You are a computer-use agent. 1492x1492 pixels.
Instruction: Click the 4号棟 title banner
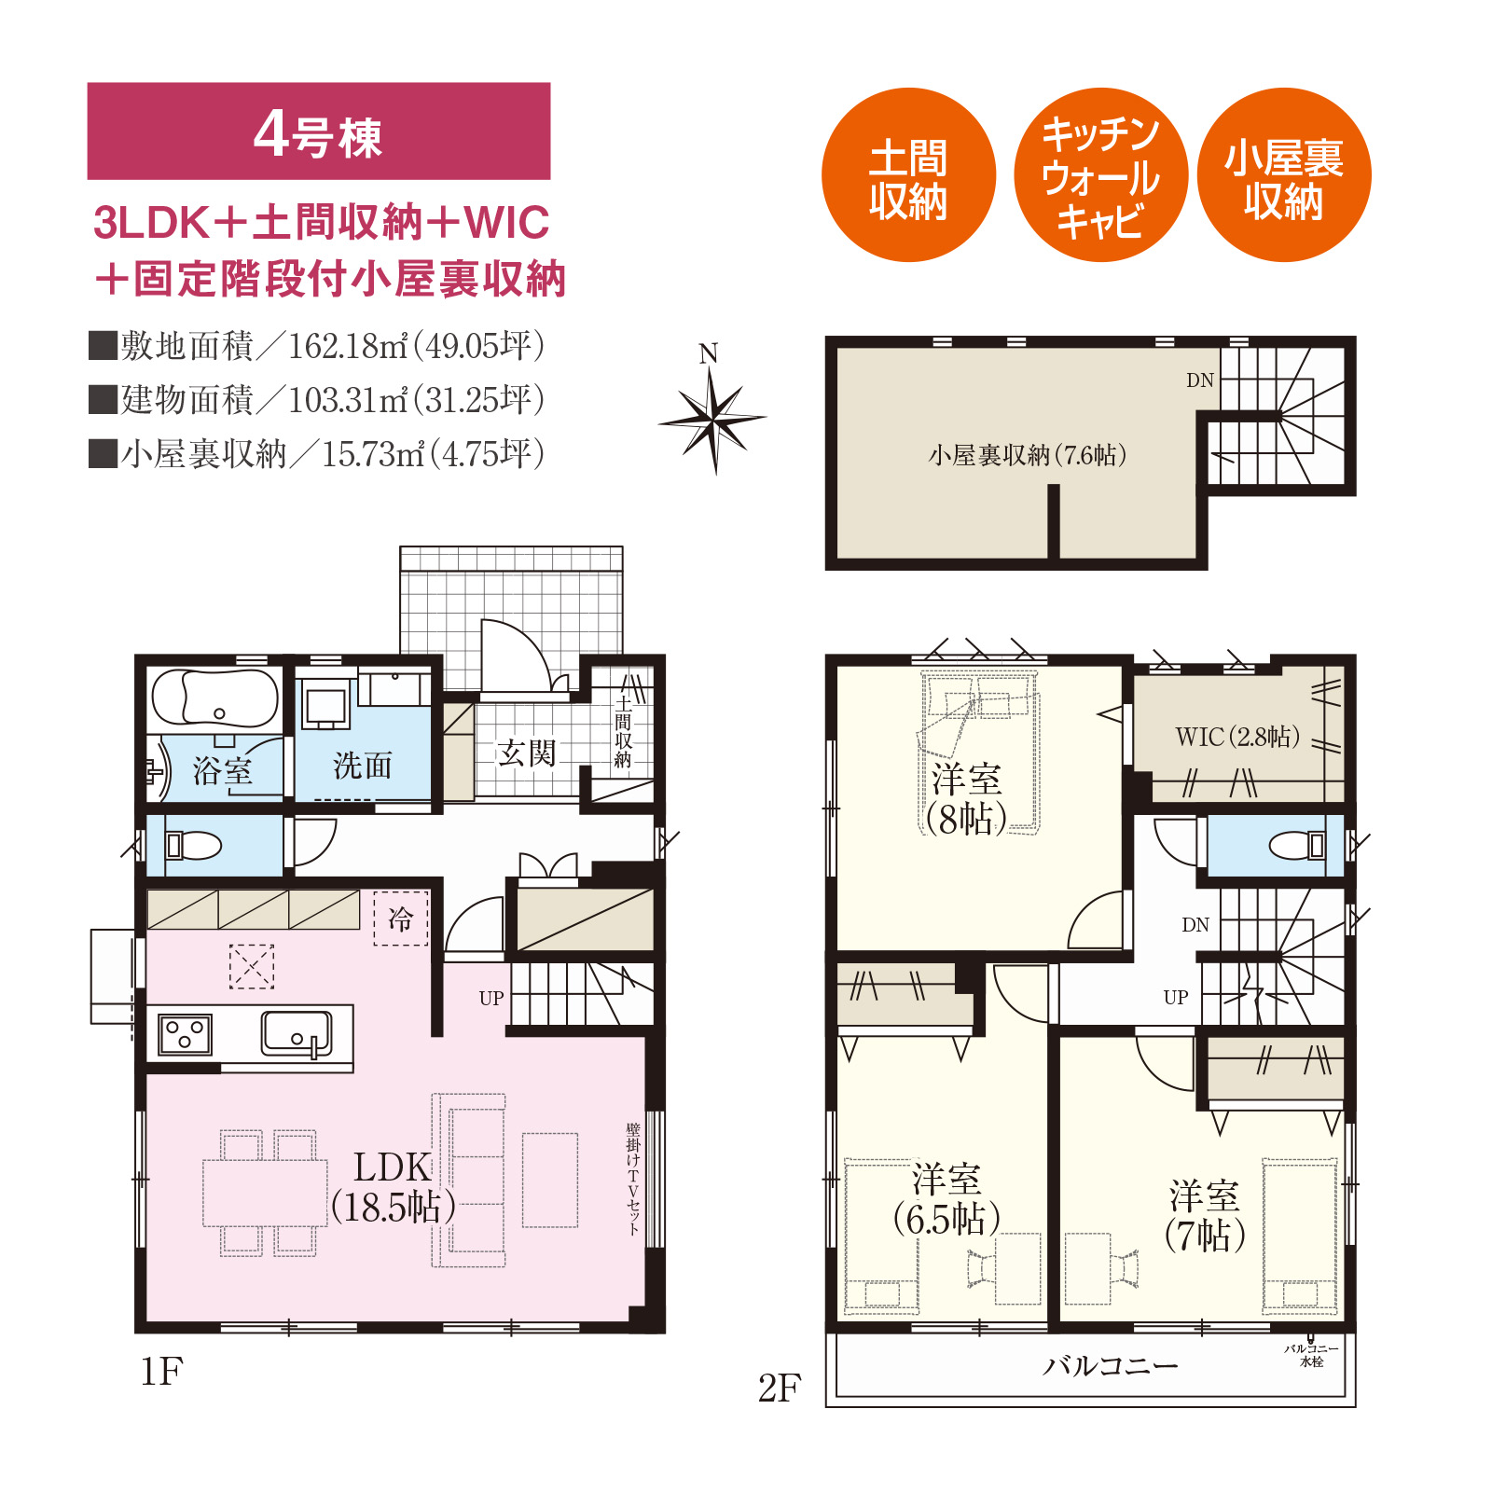319,131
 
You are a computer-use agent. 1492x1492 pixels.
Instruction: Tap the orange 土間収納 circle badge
908,175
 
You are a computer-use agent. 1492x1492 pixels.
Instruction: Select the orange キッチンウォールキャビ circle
1100,175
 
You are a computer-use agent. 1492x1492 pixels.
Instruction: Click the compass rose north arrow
712,420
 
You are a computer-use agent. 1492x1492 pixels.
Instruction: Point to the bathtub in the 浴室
215,698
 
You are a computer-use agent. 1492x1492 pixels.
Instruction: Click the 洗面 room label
363,767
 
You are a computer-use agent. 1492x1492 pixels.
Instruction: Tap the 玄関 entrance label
527,753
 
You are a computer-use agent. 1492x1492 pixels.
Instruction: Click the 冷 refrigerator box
401,919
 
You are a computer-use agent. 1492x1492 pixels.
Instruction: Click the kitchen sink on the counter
297,1034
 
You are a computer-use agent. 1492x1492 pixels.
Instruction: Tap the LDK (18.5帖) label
394,1187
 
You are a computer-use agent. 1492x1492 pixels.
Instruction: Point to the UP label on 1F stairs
491,999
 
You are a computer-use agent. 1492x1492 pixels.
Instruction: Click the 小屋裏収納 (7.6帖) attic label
1028,455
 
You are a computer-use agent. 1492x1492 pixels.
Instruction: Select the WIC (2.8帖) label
1237,737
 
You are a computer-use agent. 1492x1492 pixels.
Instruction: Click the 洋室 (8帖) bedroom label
967,799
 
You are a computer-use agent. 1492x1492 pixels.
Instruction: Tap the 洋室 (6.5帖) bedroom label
946,1199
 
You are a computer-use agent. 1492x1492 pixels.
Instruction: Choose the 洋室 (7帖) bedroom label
1205,1215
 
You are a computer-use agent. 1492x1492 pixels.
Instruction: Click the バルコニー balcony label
1110,1366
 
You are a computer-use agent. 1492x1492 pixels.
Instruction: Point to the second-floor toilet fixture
1297,846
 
